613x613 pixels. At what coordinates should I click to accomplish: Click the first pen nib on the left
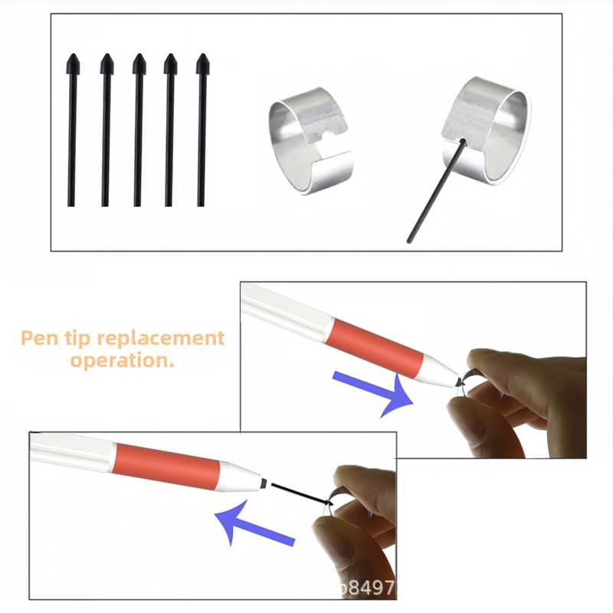(72, 130)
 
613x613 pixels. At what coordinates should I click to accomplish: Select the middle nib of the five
(138, 130)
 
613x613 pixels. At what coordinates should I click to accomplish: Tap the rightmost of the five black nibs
(202, 130)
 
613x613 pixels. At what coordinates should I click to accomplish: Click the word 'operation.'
(123, 361)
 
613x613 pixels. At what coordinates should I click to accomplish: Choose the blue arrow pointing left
(254, 526)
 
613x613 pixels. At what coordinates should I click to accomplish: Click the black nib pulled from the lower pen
(298, 492)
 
